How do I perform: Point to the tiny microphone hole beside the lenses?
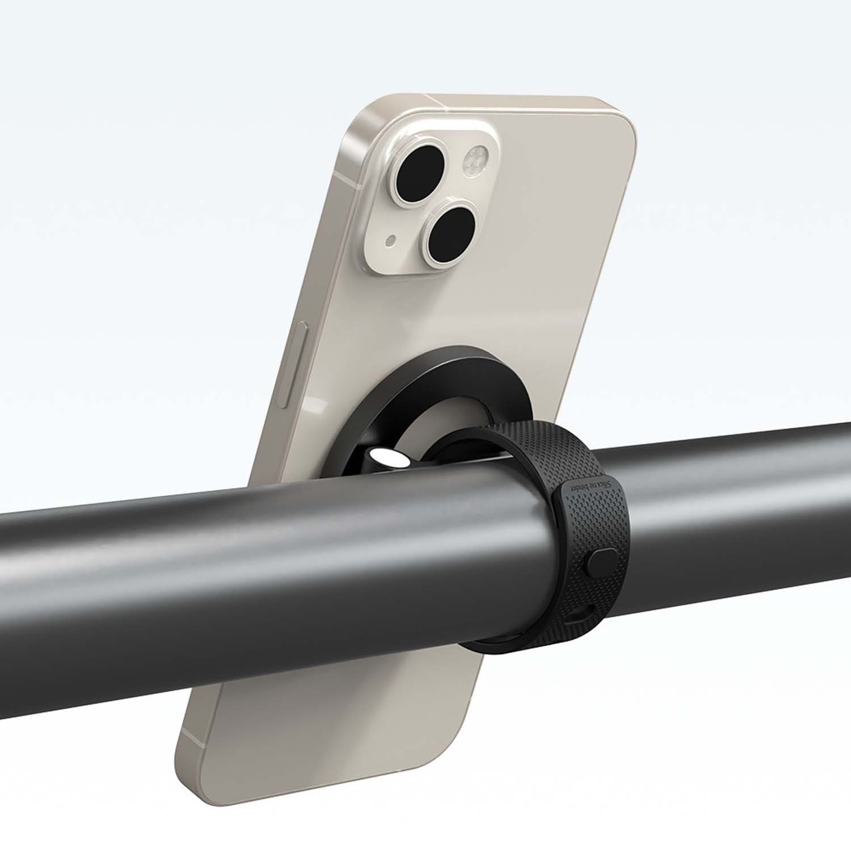389,241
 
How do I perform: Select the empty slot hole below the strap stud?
583,612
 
